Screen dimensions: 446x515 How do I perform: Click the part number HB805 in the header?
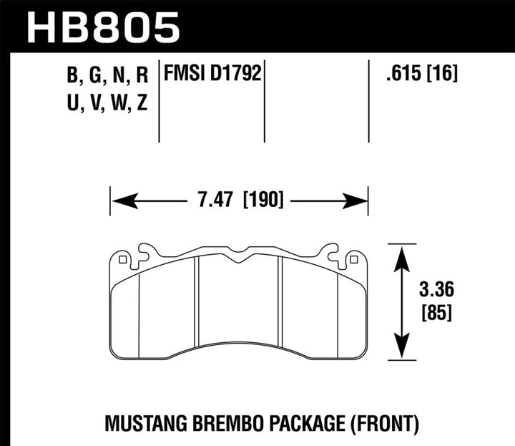tap(104, 27)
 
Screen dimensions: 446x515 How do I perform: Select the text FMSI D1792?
tap(211, 73)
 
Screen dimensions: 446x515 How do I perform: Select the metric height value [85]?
tap(436, 312)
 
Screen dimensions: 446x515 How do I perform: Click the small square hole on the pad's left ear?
tap(123, 259)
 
